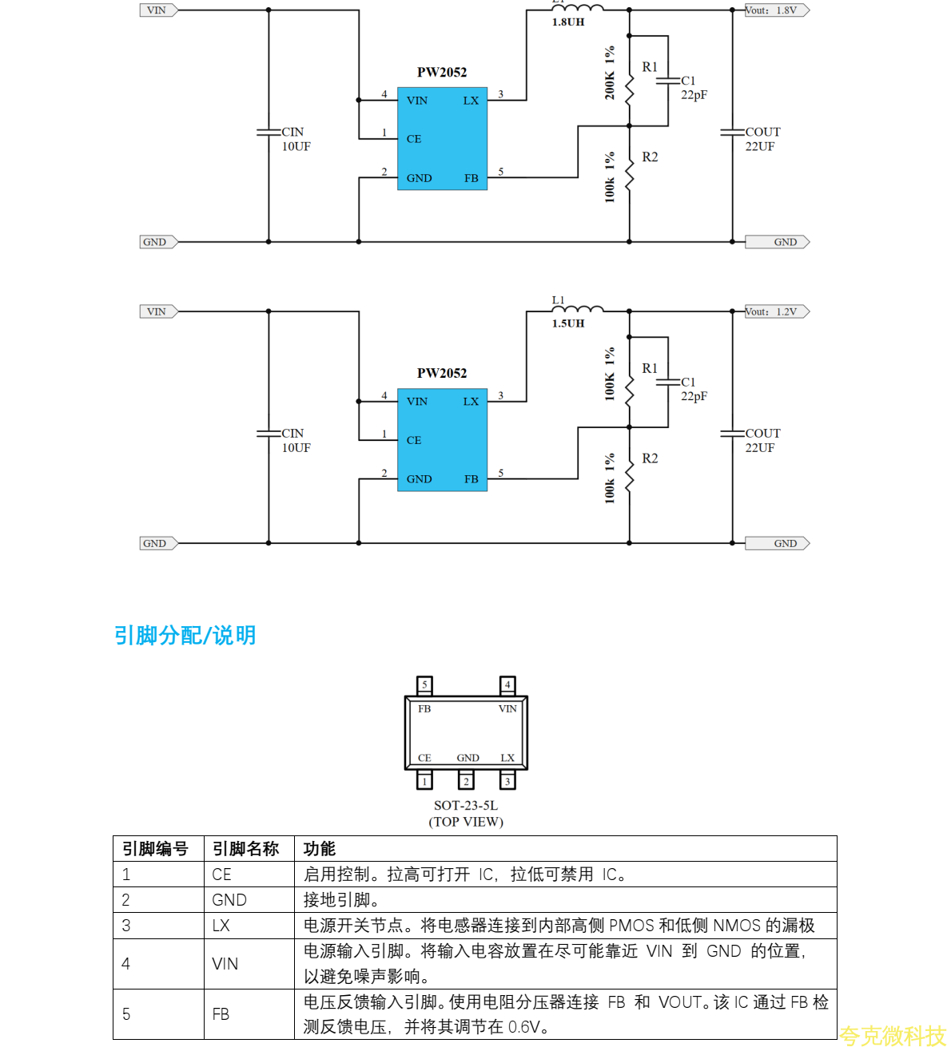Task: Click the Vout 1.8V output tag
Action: coord(776,10)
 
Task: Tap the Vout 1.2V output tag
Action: coord(776,311)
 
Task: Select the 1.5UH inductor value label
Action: coord(567,323)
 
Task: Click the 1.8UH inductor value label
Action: coord(567,22)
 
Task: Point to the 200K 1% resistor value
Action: coord(610,73)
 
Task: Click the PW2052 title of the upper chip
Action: coord(442,72)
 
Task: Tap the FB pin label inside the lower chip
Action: coord(472,479)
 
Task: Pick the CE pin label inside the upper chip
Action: coord(414,139)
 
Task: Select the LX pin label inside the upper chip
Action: coord(471,101)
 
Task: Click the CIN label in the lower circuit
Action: coord(292,434)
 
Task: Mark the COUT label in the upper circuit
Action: coord(762,132)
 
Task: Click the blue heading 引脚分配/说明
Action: coord(185,636)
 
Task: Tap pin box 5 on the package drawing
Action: coord(425,684)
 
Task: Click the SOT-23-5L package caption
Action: coord(466,806)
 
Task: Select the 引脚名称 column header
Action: coord(245,849)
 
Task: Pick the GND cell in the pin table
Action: coord(229,900)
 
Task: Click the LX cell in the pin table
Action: coord(221,926)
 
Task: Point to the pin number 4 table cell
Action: coord(126,964)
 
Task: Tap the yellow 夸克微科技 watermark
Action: coord(893,1036)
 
